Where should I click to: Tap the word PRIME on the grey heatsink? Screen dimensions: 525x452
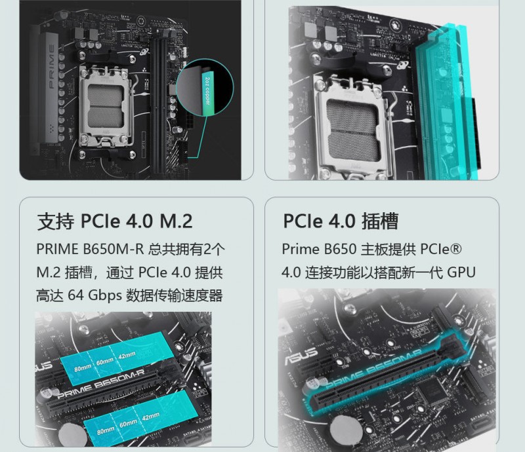pyautogui.click(x=52, y=66)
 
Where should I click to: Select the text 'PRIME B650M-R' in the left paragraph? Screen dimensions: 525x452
pyautogui.click(x=90, y=249)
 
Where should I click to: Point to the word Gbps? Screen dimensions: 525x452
pyautogui.click(x=105, y=296)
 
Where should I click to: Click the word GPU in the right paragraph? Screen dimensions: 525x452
pyautogui.click(x=461, y=273)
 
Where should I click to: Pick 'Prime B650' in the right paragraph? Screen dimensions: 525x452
pyautogui.click(x=319, y=249)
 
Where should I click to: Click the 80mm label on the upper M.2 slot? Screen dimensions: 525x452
pyautogui.click(x=83, y=368)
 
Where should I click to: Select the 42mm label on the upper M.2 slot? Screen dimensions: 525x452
pyautogui.click(x=127, y=355)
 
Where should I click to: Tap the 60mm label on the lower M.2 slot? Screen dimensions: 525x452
pyautogui.click(x=128, y=423)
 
